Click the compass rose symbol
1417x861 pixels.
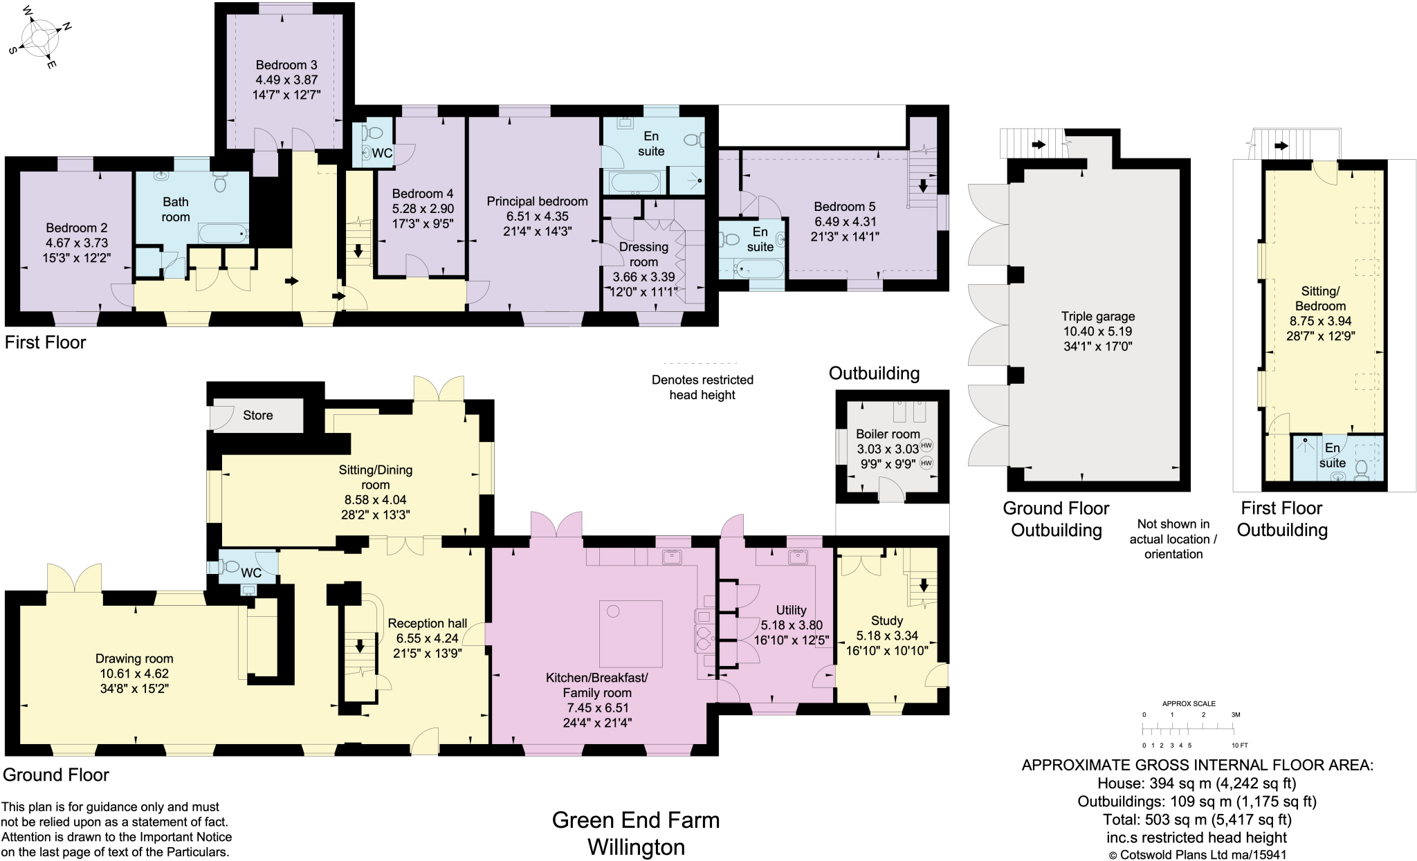[x=40, y=37]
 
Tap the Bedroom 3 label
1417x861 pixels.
[x=286, y=65]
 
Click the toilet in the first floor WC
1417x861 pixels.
[x=374, y=133]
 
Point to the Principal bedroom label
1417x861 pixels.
[x=537, y=201]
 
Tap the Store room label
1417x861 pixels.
[x=257, y=416]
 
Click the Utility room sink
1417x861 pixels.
[x=798, y=557]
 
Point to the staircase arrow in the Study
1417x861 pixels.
[x=923, y=585]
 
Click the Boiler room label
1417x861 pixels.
[x=888, y=434]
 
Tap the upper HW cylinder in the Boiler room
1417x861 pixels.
[x=926, y=446]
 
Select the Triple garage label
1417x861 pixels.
[x=1098, y=317]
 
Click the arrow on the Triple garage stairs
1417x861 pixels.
[x=1038, y=145]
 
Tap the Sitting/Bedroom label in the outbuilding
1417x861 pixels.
[x=1320, y=299]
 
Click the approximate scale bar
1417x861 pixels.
[x=1187, y=729]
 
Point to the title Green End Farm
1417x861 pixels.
[x=635, y=820]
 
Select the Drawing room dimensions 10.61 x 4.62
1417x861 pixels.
[x=134, y=674]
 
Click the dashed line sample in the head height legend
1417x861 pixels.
[x=700, y=363]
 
